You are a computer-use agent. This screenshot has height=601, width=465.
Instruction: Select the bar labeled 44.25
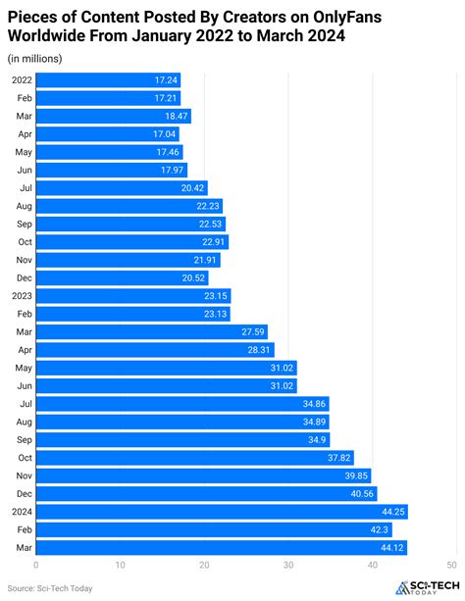pyautogui.click(x=221, y=511)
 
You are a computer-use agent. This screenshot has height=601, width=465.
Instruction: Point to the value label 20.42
pyautogui.click(x=193, y=187)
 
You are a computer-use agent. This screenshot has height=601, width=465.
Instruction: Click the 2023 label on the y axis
pyautogui.click(x=22, y=295)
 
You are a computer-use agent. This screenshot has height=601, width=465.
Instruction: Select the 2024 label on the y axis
pyautogui.click(x=22, y=511)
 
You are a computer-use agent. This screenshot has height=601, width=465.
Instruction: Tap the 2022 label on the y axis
pyautogui.click(x=22, y=79)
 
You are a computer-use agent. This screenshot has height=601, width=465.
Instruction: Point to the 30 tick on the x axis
pyautogui.click(x=287, y=565)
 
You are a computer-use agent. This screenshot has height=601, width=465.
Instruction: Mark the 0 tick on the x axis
pyautogui.click(x=36, y=565)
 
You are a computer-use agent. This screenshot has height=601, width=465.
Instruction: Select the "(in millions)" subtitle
pyautogui.click(x=34, y=60)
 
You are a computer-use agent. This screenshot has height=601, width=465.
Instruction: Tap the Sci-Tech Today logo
pyautogui.click(x=424, y=587)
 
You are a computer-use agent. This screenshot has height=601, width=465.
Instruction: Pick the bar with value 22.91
pyautogui.click(x=132, y=241)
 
